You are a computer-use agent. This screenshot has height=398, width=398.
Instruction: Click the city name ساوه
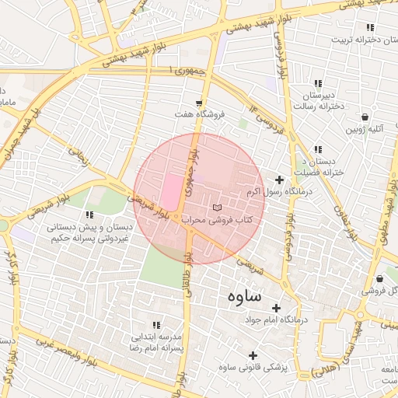(253, 298)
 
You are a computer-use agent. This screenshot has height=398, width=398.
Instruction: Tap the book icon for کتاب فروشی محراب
(218, 208)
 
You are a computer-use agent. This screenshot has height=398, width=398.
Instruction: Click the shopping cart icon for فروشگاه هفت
(200, 103)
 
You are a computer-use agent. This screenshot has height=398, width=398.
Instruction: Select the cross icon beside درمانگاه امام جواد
(278, 308)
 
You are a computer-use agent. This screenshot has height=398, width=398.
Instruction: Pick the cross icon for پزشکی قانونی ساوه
(253, 355)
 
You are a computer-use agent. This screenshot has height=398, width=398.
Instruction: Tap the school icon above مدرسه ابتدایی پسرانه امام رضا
(156, 325)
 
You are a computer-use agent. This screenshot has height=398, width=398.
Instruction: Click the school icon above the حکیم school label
(89, 215)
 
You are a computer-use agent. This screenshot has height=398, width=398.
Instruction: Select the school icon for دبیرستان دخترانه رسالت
(317, 83)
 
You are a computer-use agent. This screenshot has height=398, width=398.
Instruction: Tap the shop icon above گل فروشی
(379, 278)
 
